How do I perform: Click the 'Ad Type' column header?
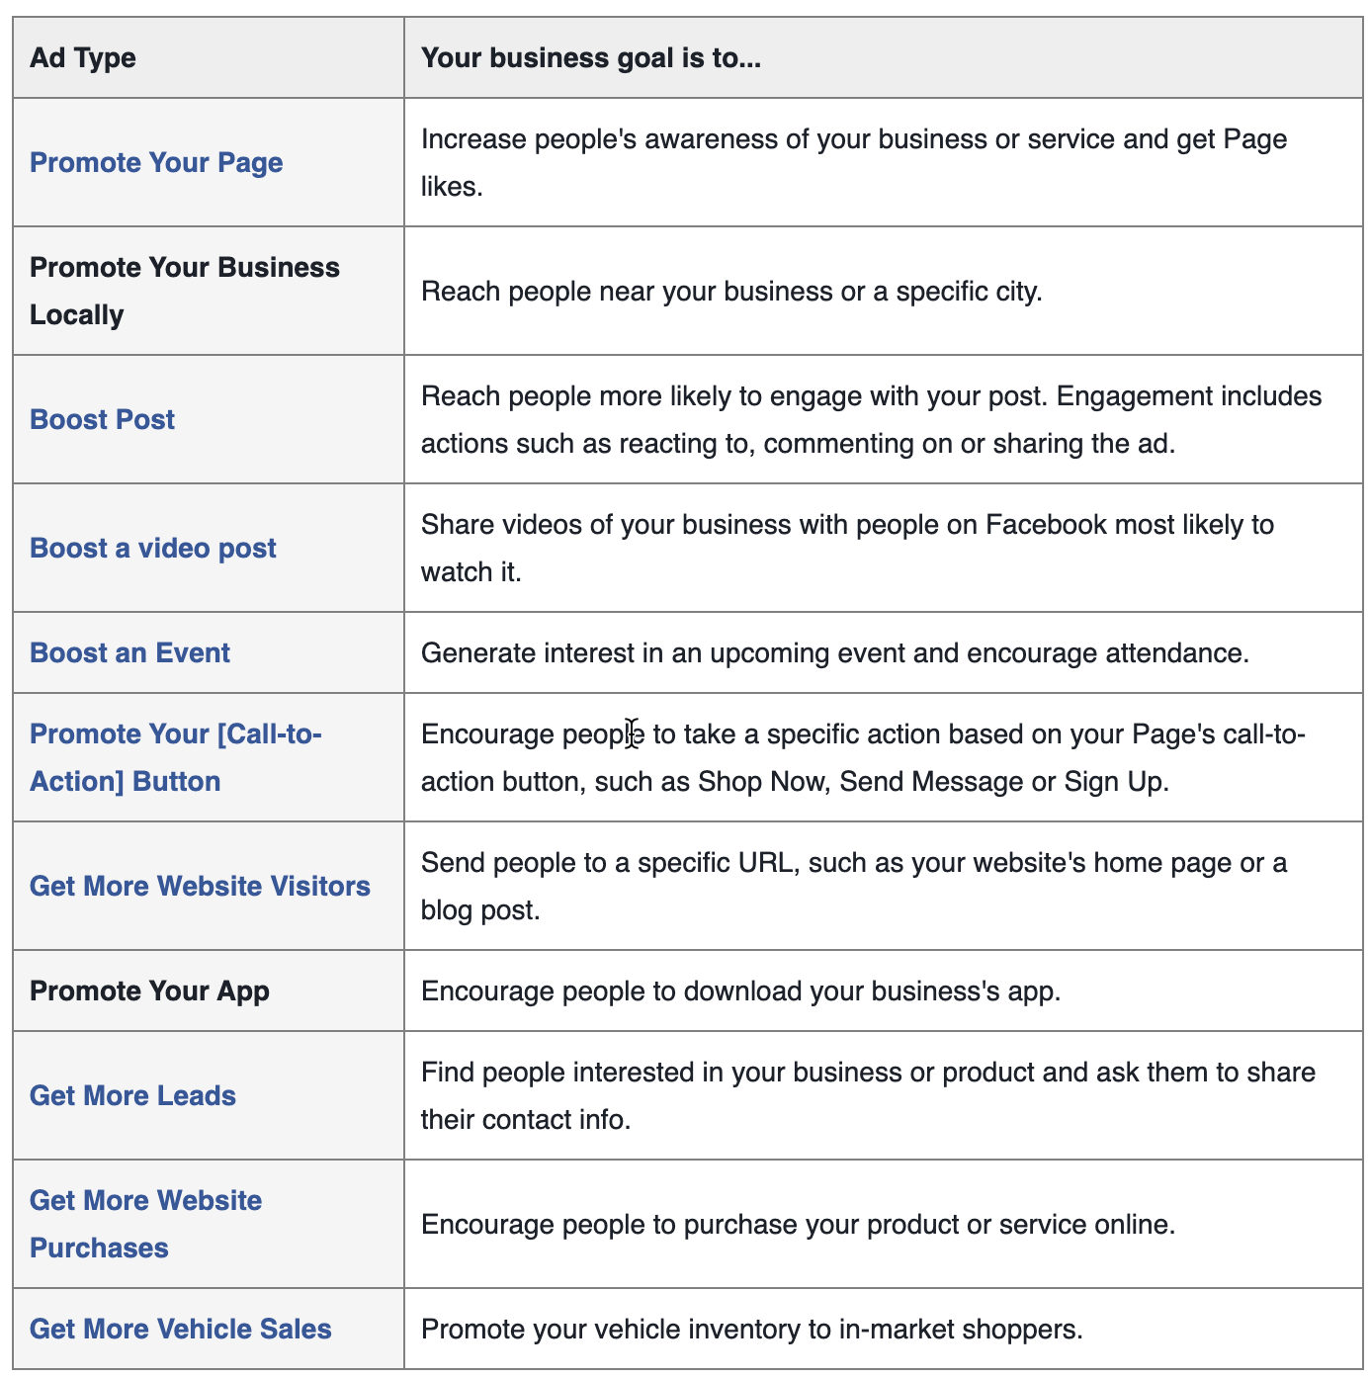pyautogui.click(x=83, y=58)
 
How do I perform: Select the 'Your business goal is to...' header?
pyautogui.click(x=590, y=58)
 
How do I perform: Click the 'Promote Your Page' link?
pyautogui.click(x=156, y=163)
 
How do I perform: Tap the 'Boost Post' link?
pyautogui.click(x=102, y=420)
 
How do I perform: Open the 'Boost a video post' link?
pyautogui.click(x=153, y=549)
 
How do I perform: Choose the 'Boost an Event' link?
pyautogui.click(x=129, y=653)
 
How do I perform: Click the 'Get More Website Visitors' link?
pyautogui.click(x=200, y=887)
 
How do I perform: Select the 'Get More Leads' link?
pyautogui.click(x=132, y=1096)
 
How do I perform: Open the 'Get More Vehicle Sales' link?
pyautogui.click(x=181, y=1330)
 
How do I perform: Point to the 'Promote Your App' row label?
pyautogui.click(x=149, y=991)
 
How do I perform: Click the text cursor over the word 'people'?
pyautogui.click(x=632, y=734)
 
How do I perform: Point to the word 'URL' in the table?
pyautogui.click(x=764, y=863)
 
